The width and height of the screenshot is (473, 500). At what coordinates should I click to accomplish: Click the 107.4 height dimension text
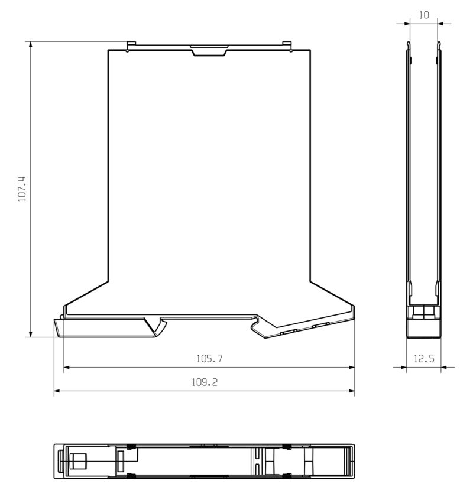(22, 189)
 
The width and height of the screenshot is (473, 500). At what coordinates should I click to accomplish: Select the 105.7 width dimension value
(209, 358)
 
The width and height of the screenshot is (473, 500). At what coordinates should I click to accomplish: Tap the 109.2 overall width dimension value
(204, 382)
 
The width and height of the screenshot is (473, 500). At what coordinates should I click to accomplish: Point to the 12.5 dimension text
(423, 358)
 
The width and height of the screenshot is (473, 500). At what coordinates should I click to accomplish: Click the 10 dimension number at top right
(423, 15)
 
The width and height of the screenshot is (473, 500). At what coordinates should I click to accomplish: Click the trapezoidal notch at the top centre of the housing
(209, 51)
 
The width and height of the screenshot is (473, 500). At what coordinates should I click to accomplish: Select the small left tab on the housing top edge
(132, 44)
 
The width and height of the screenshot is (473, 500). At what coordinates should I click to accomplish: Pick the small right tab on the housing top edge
(287, 44)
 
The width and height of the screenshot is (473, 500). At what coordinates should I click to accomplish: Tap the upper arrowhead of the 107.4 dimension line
(30, 46)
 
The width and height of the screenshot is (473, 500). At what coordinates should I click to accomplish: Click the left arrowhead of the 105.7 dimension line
(67, 367)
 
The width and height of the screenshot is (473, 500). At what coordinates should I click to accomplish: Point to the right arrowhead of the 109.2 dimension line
(351, 391)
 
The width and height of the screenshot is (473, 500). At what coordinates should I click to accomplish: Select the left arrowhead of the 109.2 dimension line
(57, 391)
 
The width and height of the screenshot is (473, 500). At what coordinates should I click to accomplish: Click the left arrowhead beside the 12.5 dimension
(403, 367)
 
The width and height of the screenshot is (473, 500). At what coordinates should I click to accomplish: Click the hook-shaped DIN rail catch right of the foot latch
(160, 326)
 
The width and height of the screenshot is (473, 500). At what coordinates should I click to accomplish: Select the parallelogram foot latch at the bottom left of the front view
(103, 327)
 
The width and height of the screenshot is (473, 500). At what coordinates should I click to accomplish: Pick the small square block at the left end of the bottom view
(77, 460)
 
